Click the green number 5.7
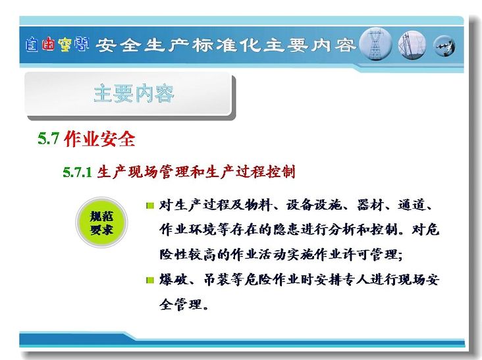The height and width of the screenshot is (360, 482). pos(48,138)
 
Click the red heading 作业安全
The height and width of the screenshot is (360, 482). pos(99,139)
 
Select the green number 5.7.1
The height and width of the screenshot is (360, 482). pos(78,172)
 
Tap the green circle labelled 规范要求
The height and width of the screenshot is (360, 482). pos(101,222)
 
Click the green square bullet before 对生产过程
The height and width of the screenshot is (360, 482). pos(150,205)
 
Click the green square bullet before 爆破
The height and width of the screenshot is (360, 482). pos(150,280)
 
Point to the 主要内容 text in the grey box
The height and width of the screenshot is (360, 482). pos(134,93)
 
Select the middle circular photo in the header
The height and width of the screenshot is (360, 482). pos(412,45)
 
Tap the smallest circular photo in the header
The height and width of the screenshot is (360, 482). pos(444,46)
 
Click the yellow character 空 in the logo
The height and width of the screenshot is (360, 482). pos(65,45)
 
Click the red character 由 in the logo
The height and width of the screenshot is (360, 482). pos(49,44)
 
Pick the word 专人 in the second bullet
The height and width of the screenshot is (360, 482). pos(357,280)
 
